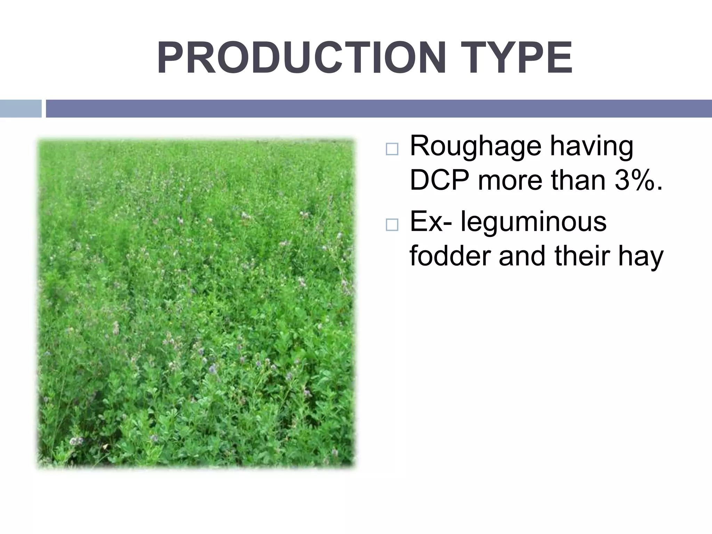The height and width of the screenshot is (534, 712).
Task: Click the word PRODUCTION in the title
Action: click(301, 58)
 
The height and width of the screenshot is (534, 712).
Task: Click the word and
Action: click(522, 256)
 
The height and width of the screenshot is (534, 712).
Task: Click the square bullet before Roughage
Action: click(391, 150)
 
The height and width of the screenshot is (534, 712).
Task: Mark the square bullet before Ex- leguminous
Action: click(391, 225)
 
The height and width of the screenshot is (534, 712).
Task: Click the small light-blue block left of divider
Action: click(21, 108)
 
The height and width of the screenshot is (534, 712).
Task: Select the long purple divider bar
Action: click(379, 108)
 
